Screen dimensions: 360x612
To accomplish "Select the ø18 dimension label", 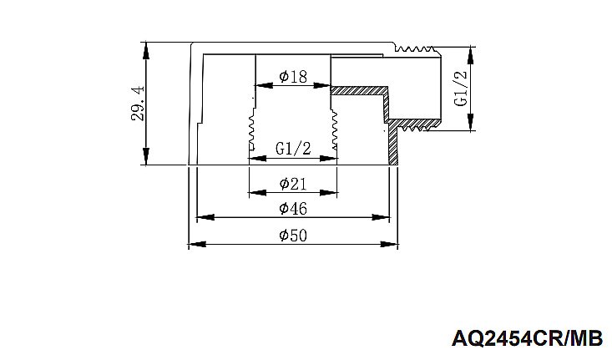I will pos(292,77).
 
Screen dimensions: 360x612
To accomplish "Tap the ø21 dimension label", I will pos(292,183).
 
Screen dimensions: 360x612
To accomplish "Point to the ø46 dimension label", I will pos(292,208).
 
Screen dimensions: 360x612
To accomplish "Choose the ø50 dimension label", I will pos(292,236).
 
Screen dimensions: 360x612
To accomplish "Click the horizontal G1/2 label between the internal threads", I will pos(292,150).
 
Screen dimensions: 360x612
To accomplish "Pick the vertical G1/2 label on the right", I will pos(459,88).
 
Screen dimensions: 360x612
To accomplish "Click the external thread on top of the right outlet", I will pos(418,45).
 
